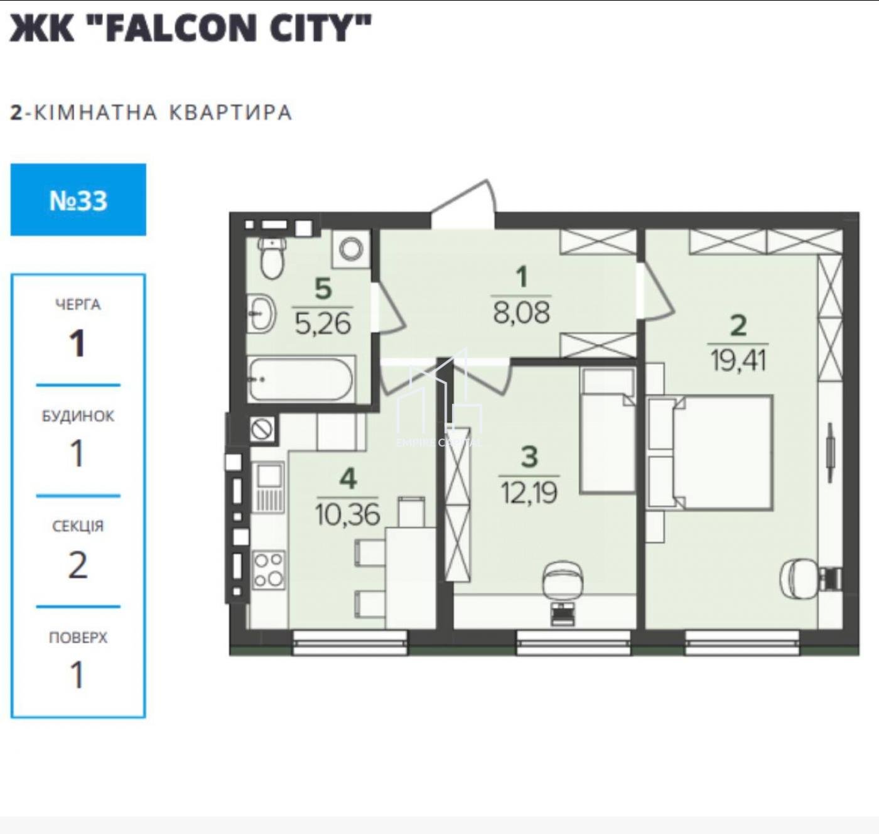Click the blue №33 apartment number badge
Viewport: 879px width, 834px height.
pyautogui.click(x=78, y=200)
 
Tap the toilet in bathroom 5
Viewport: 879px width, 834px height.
pyautogui.click(x=271, y=257)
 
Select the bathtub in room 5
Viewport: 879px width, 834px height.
pyautogui.click(x=301, y=379)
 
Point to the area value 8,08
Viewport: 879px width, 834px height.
pyautogui.click(x=521, y=313)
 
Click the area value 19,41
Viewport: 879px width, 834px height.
pyautogui.click(x=738, y=360)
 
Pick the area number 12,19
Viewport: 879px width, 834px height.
pyautogui.click(x=529, y=492)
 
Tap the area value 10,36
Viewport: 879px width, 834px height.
pyautogui.click(x=347, y=514)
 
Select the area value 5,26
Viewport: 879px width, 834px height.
pyautogui.click(x=323, y=324)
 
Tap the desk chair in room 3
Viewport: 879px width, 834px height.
pyautogui.click(x=563, y=580)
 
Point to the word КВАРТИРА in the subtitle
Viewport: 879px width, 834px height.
pyautogui.click(x=230, y=112)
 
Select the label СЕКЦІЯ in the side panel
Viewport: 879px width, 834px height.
pyautogui.click(x=78, y=526)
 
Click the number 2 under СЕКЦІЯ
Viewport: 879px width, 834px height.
pyautogui.click(x=78, y=565)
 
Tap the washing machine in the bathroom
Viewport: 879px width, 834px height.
pyautogui.click(x=351, y=249)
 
